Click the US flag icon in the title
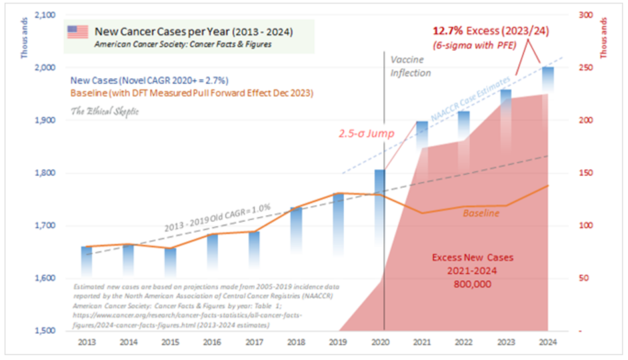[77, 31]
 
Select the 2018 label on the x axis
[297, 343]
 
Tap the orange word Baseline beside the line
[481, 213]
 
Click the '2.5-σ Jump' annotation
[365, 134]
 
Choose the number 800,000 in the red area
[472, 284]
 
